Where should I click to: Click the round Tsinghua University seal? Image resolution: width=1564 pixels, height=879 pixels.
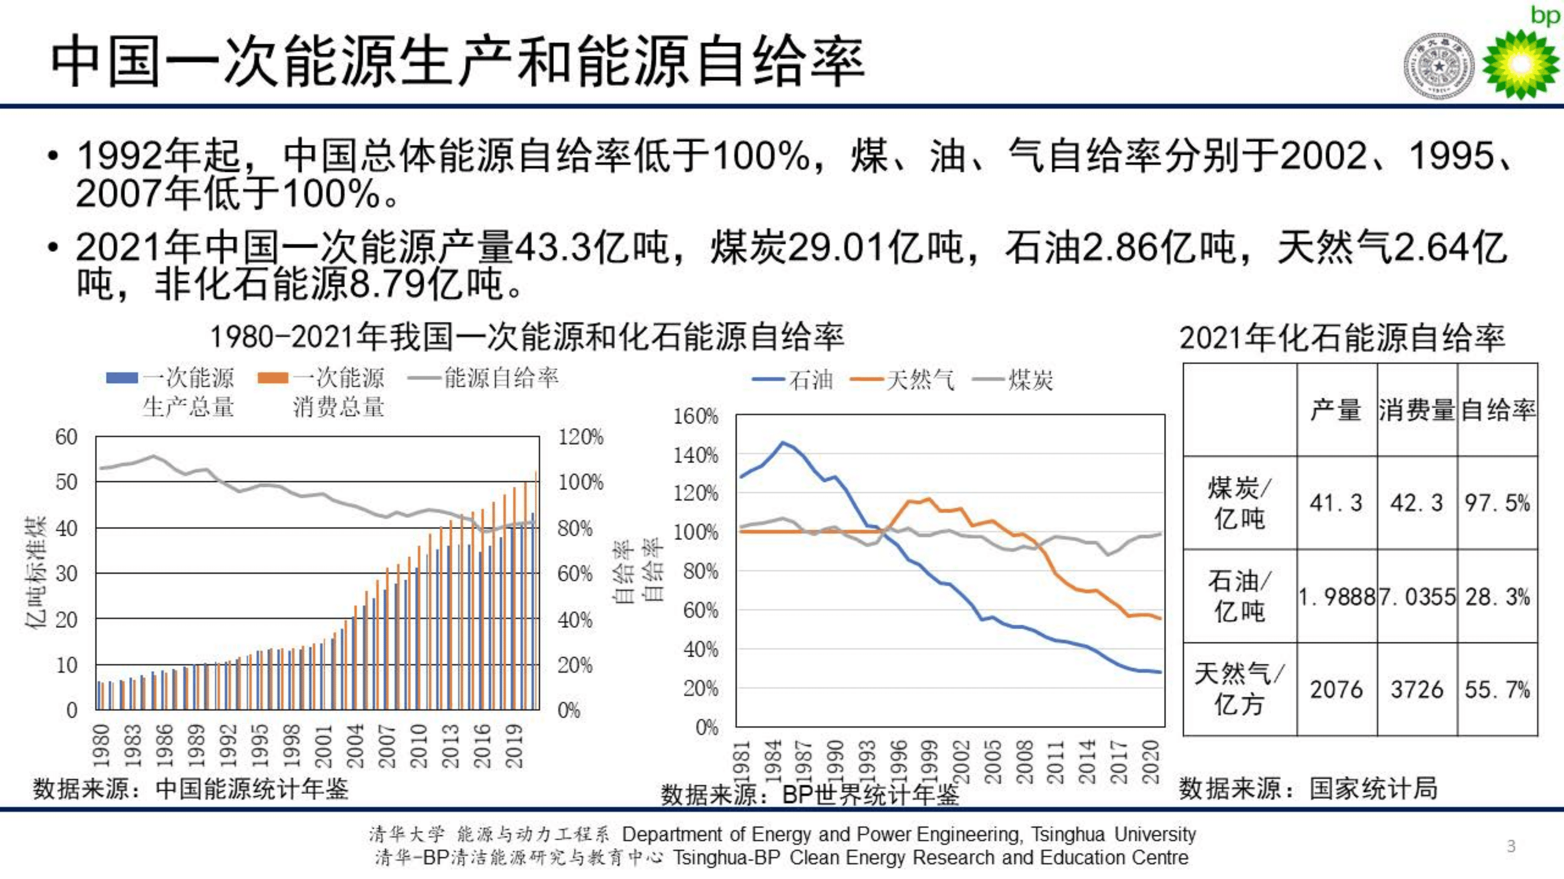tap(1438, 66)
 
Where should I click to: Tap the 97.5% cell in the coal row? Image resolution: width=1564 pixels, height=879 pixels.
tap(1497, 502)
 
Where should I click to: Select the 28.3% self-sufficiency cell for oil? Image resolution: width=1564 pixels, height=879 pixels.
tap(1497, 597)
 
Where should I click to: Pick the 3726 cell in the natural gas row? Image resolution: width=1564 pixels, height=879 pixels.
tap(1416, 690)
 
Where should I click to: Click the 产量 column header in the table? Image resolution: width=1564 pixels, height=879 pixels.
tap(1336, 410)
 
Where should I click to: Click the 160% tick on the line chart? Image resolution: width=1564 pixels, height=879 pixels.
tap(696, 416)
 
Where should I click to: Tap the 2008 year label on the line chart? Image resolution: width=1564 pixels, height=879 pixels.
tap(1024, 762)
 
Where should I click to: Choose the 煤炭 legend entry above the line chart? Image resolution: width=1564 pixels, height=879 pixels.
tap(1013, 380)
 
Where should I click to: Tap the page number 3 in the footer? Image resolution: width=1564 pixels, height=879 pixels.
tap(1511, 846)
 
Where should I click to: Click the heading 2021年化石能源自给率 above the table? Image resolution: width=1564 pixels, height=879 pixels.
tap(1342, 338)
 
